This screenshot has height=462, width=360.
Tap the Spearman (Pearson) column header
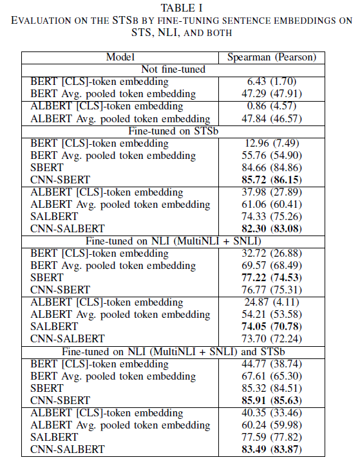(x=271, y=57)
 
